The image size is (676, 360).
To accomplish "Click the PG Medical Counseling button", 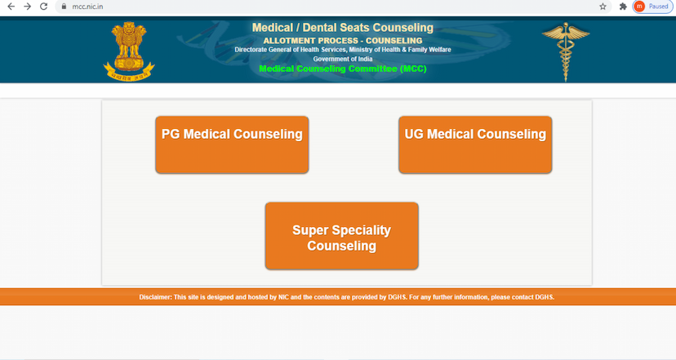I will (232, 144).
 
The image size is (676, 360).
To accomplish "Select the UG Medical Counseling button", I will (475, 144).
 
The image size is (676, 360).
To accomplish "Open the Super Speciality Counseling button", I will (341, 237).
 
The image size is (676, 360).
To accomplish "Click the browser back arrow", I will (10, 7).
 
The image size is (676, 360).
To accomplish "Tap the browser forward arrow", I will (27, 7).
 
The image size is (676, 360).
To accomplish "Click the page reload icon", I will (45, 7).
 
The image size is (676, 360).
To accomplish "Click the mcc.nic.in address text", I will (87, 7).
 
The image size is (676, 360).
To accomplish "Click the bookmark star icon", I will (603, 7).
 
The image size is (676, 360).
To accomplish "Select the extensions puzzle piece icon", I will (623, 7).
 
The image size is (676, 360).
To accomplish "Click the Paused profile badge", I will (652, 7).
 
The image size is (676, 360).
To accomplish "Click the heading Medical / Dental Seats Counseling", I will (342, 29).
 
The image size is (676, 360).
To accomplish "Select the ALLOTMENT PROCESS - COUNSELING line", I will (342, 41).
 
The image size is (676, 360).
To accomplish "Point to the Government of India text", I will (342, 59).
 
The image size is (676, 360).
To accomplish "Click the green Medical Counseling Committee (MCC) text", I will (342, 69).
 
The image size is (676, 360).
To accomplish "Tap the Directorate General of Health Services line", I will (342, 50).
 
